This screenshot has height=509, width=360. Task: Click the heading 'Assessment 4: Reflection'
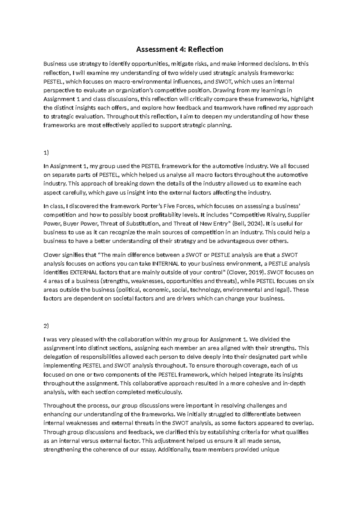[180, 49]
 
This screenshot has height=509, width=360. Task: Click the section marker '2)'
[46, 326]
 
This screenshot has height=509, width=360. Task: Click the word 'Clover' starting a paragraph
[52, 255]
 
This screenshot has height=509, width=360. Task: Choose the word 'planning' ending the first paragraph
[220, 125]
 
